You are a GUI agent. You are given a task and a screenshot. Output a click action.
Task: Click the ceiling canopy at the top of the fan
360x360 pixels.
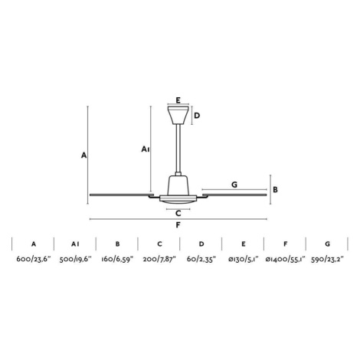pos(178,115)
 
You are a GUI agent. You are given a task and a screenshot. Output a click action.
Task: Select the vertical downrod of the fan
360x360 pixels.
pos(178,149)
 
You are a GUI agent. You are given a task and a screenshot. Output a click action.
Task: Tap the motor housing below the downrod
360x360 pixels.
pos(178,186)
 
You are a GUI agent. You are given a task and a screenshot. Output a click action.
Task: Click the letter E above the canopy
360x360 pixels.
pos(178,100)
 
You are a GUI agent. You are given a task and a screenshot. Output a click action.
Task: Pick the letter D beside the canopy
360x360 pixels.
pos(197,116)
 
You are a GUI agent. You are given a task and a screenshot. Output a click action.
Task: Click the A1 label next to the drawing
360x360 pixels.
pos(146,149)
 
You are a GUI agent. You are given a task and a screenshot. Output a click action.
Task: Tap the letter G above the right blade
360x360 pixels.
pos(234,185)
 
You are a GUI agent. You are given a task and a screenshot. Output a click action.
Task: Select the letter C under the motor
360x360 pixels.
pos(178,213)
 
